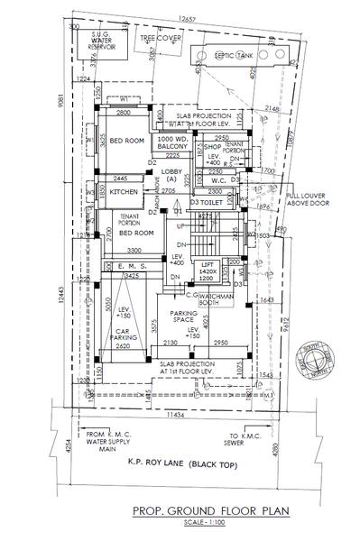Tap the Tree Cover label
click(x=161, y=38)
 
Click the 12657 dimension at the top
click(x=187, y=18)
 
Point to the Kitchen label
click(x=124, y=192)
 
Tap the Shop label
click(x=212, y=146)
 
